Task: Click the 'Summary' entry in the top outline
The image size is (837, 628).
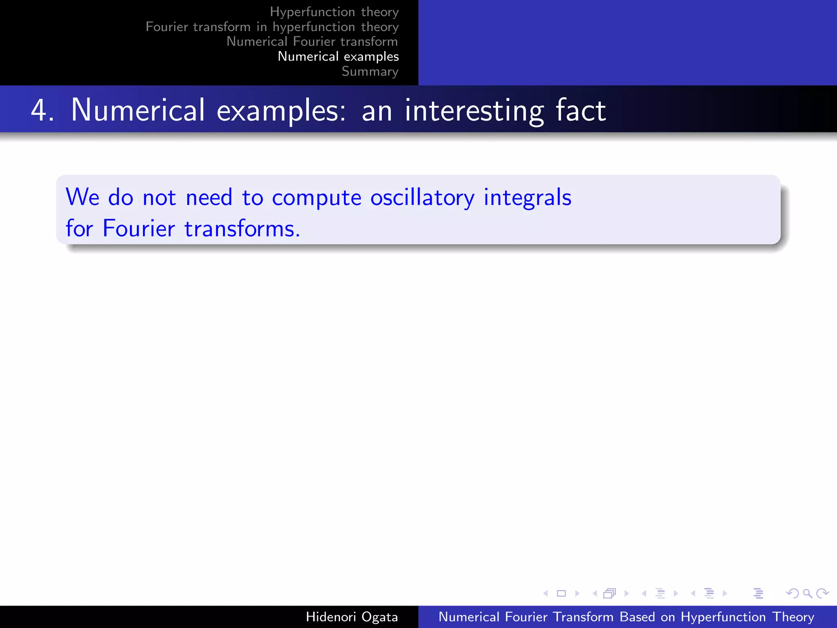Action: pyautogui.click(x=370, y=72)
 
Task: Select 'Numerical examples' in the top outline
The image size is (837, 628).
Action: pyautogui.click(x=338, y=56)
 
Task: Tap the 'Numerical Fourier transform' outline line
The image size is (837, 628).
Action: pyautogui.click(x=312, y=42)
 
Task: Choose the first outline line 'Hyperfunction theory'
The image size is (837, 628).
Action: pyautogui.click(x=334, y=12)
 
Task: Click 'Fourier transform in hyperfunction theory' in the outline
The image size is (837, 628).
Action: pyautogui.click(x=272, y=27)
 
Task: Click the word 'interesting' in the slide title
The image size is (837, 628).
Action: pyautogui.click(x=474, y=110)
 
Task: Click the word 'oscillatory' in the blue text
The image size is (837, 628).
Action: pyautogui.click(x=422, y=198)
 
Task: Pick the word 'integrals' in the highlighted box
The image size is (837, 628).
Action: pyautogui.click(x=527, y=198)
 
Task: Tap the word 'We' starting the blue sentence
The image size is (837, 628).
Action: pyautogui.click(x=83, y=197)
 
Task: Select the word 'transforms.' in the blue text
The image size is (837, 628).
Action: pyautogui.click(x=242, y=229)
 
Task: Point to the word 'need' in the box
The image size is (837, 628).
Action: pyautogui.click(x=209, y=197)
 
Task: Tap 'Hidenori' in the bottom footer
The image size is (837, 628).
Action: pyautogui.click(x=331, y=617)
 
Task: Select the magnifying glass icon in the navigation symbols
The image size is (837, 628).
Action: pyautogui.click(x=807, y=593)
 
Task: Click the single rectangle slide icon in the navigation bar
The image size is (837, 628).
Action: pyautogui.click(x=561, y=593)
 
